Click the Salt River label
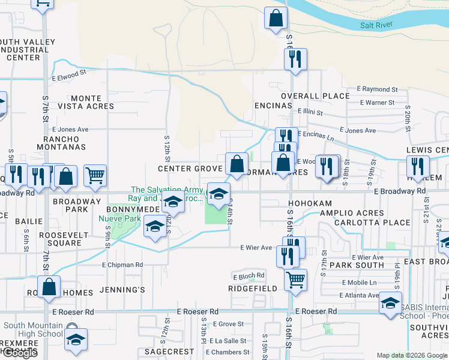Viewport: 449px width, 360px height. [377, 25]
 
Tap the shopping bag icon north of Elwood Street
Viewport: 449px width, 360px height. [276, 19]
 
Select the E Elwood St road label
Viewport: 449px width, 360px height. [69, 77]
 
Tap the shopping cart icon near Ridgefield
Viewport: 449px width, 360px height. [295, 278]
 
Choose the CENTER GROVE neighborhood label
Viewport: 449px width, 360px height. [190, 169]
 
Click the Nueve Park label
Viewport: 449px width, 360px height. [119, 218]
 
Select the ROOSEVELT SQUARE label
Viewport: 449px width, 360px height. [60, 239]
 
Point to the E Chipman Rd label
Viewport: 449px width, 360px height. [122, 265]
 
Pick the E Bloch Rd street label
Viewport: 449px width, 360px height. [249, 276]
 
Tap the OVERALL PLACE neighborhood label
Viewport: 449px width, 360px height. [315, 96]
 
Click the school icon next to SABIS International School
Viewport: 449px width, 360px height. [390, 302]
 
